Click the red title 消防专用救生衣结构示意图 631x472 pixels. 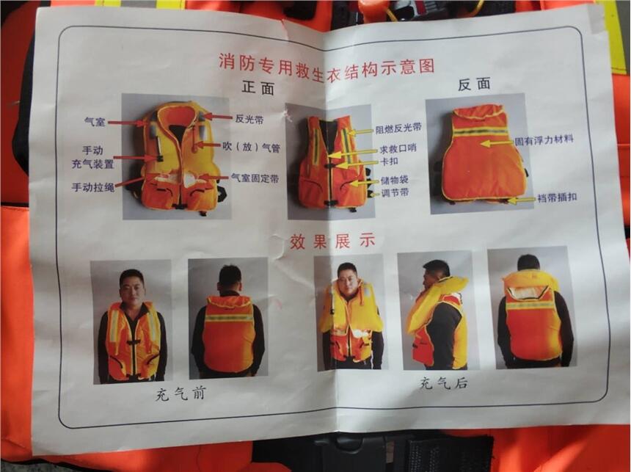(327, 66)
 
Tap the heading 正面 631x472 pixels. (258, 87)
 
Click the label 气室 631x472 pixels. (95, 121)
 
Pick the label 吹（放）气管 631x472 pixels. (252, 148)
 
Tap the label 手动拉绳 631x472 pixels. (93, 187)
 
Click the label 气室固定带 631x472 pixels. (255, 178)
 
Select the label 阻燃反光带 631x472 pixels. (398, 128)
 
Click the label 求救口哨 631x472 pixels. (398, 149)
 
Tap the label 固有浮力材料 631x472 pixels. (544, 140)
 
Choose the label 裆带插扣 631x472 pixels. (557, 197)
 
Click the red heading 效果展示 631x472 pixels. (332, 241)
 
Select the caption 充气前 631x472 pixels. (180, 393)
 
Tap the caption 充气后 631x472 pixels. (443, 382)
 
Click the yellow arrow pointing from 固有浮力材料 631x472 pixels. (497, 143)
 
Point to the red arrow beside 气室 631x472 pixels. (127, 123)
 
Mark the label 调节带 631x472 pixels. (395, 192)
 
